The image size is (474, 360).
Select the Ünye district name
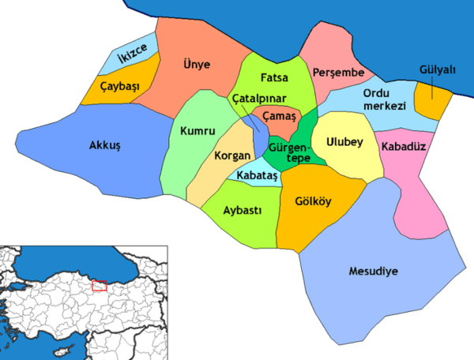coord(196,66)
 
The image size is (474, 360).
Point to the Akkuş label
coord(103,145)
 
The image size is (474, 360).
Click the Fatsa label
coord(273,79)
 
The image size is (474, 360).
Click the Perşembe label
coord(337,73)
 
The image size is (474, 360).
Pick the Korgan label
coord(231,155)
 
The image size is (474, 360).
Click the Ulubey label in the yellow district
coord(341,143)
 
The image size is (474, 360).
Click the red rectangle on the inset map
coord(100,285)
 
